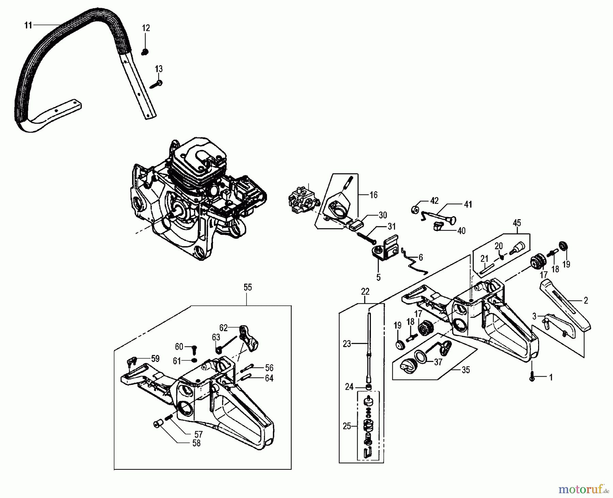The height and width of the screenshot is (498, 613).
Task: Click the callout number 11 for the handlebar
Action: [28, 25]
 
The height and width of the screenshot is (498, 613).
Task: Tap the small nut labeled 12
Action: [145, 52]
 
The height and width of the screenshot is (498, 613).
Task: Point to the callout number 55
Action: [248, 287]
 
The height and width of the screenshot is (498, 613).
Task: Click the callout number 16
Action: [374, 195]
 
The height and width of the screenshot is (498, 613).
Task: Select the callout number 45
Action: [517, 223]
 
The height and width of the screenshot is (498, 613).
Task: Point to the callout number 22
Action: [365, 291]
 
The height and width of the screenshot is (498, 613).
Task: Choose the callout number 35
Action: [465, 370]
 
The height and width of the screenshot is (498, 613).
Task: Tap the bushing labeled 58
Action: [157, 424]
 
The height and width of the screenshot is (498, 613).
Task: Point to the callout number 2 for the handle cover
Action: [586, 301]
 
